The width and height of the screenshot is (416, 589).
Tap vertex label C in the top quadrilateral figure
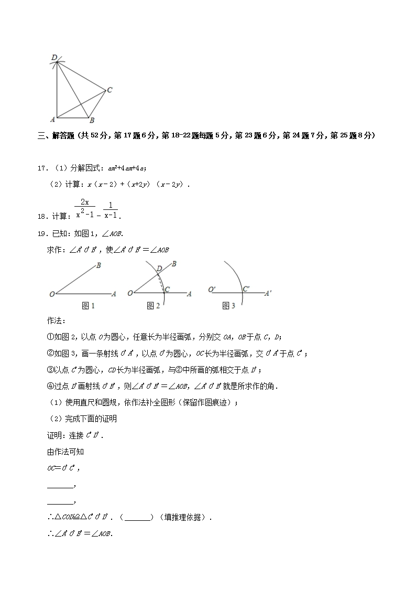110,90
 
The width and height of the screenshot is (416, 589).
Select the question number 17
42,168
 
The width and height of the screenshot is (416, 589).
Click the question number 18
42,216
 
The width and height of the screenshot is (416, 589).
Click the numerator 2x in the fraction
85,202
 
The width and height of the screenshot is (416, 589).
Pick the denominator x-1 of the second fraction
111,215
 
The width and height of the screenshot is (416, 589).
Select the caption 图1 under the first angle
88,306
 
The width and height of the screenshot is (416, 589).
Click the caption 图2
154,306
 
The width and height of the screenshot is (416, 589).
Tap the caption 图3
229,306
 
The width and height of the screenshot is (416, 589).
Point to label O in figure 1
52,294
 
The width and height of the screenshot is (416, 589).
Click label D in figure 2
159,269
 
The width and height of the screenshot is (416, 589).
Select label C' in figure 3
246,288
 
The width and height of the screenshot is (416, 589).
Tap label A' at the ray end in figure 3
268,294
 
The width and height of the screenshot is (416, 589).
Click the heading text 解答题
64,136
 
